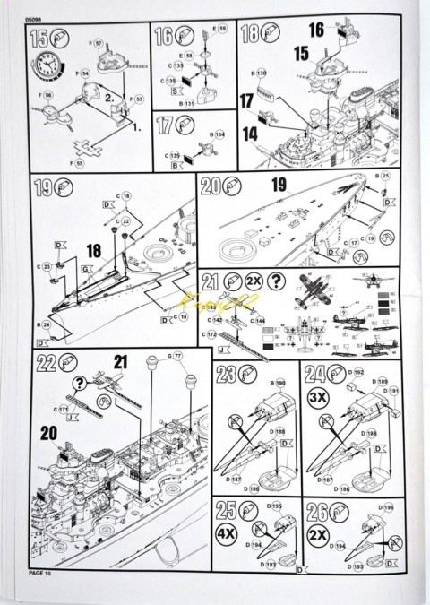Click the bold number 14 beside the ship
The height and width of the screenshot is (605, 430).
click(250, 133)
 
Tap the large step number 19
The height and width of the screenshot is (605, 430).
click(43, 189)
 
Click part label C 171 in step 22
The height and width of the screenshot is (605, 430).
click(60, 409)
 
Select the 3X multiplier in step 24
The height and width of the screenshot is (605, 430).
click(317, 397)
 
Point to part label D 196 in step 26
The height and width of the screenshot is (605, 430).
click(386, 508)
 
